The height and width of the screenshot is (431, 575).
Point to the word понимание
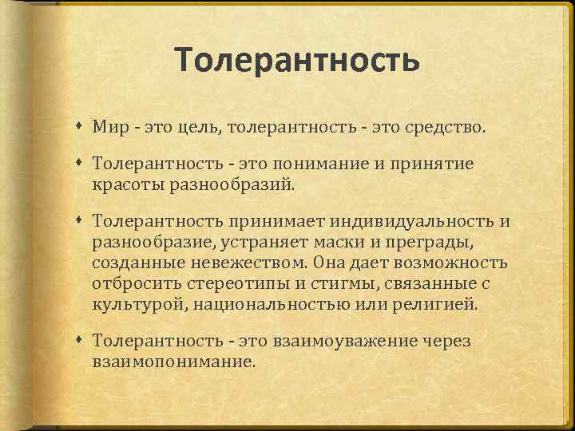point(325,164)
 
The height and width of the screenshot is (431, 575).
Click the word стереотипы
point(239,283)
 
